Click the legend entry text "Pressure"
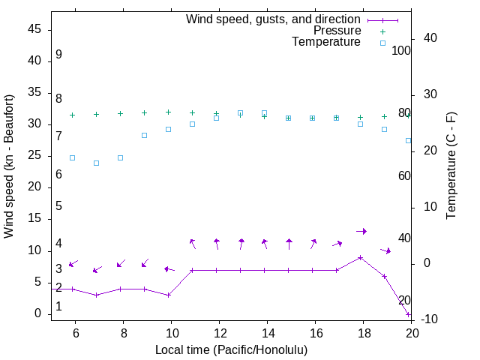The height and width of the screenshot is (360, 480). coord(337,31)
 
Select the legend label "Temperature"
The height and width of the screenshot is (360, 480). coord(326,42)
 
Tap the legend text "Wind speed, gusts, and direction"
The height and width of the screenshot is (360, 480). coord(274,19)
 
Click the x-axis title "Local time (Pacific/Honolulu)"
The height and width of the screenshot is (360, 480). coord(231,349)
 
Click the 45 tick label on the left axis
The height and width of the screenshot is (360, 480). coord(34,29)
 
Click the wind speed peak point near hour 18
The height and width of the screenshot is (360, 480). coord(361,257)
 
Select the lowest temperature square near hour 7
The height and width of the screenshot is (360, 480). coord(96,163)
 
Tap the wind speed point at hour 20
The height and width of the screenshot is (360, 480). coord(409,314)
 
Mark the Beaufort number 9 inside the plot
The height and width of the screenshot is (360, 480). coord(58,55)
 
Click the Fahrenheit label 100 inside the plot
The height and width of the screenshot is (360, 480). coord(401,51)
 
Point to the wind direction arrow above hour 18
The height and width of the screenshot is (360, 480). coord(361,231)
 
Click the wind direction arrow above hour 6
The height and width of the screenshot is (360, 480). coord(73,263)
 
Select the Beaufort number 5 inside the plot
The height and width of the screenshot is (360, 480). coord(58,206)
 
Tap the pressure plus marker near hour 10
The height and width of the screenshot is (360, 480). coord(168,112)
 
